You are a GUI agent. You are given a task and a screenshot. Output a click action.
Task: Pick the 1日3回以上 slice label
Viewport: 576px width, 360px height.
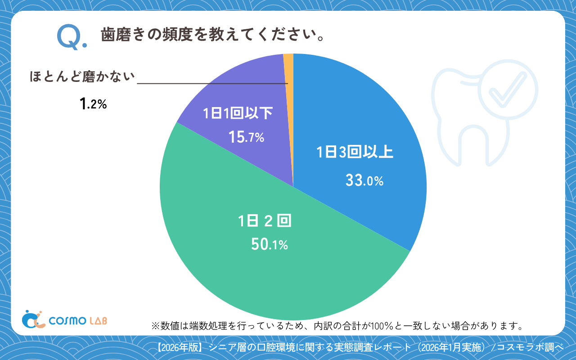tap(355, 153)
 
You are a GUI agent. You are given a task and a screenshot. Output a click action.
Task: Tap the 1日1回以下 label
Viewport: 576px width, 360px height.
tap(238, 113)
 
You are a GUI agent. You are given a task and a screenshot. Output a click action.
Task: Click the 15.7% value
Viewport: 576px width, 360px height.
tap(246, 137)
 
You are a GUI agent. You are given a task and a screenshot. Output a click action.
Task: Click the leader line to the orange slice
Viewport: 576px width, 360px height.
tap(211, 83)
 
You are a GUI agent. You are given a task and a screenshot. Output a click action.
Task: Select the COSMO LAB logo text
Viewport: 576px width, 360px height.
tap(78, 320)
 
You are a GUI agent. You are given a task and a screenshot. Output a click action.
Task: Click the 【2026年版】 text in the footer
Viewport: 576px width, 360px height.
tap(182, 347)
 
